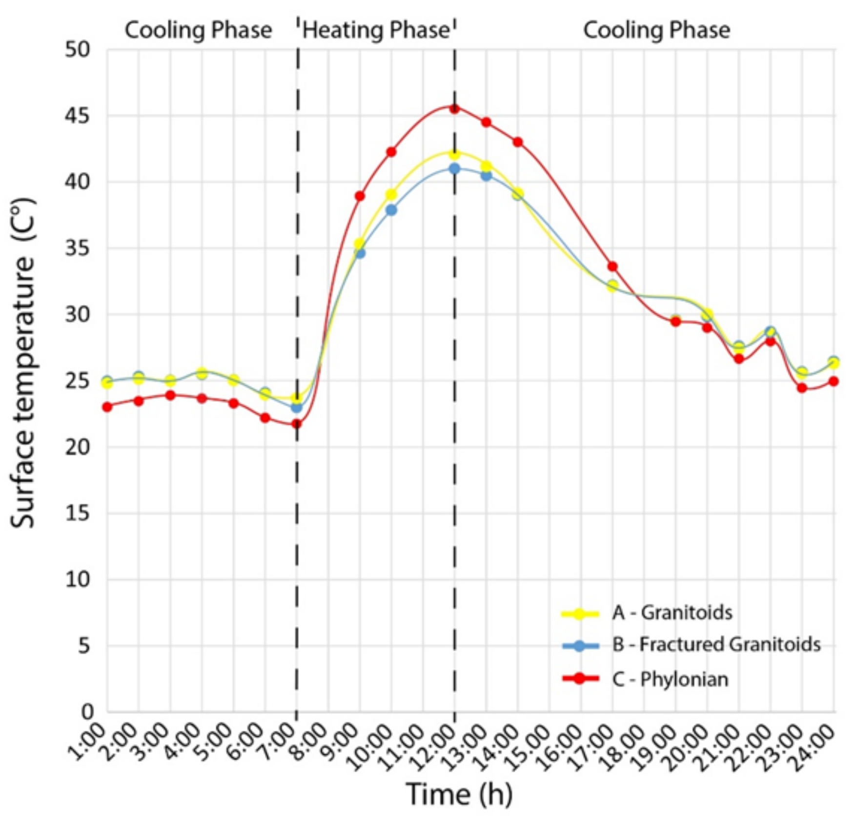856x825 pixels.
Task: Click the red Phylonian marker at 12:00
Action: (454, 109)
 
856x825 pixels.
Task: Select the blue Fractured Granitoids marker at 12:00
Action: (454, 169)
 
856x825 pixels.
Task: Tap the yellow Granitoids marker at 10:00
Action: (391, 194)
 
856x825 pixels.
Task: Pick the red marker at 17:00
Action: (612, 267)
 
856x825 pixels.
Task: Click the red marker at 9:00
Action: (360, 196)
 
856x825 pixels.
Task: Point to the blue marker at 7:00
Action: (296, 407)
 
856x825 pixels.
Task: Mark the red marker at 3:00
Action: (170, 395)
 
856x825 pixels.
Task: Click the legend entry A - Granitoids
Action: (672, 613)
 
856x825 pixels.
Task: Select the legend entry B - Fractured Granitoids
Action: (716, 645)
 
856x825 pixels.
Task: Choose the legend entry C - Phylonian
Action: (670, 679)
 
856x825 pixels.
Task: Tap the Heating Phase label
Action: (376, 30)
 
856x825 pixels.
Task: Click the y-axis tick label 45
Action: (78, 116)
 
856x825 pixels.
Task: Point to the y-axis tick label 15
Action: (78, 513)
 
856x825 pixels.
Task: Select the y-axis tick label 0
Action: (86, 712)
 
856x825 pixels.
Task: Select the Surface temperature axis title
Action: (23, 362)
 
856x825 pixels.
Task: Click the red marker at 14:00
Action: (518, 143)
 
